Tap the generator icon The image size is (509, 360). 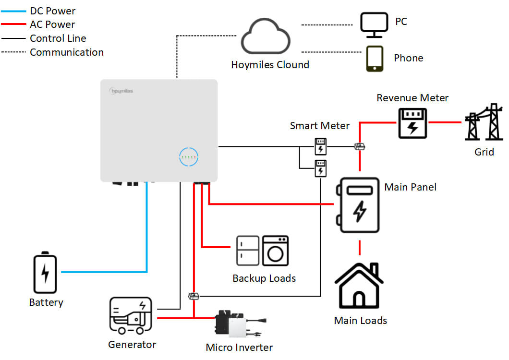[x=131, y=315]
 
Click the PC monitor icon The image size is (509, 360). [x=375, y=24]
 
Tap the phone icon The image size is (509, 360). [x=375, y=59]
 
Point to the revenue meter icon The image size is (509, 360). [x=412, y=123]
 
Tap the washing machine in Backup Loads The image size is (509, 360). [x=276, y=251]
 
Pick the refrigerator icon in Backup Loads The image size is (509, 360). [x=248, y=251]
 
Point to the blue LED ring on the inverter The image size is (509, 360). [x=189, y=157]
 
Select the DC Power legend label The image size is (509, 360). [x=52, y=11]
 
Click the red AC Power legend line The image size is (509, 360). [x=13, y=24]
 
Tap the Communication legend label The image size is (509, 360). [x=67, y=52]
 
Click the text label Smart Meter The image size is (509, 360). [x=320, y=126]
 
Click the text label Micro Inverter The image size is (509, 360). [x=239, y=348]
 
